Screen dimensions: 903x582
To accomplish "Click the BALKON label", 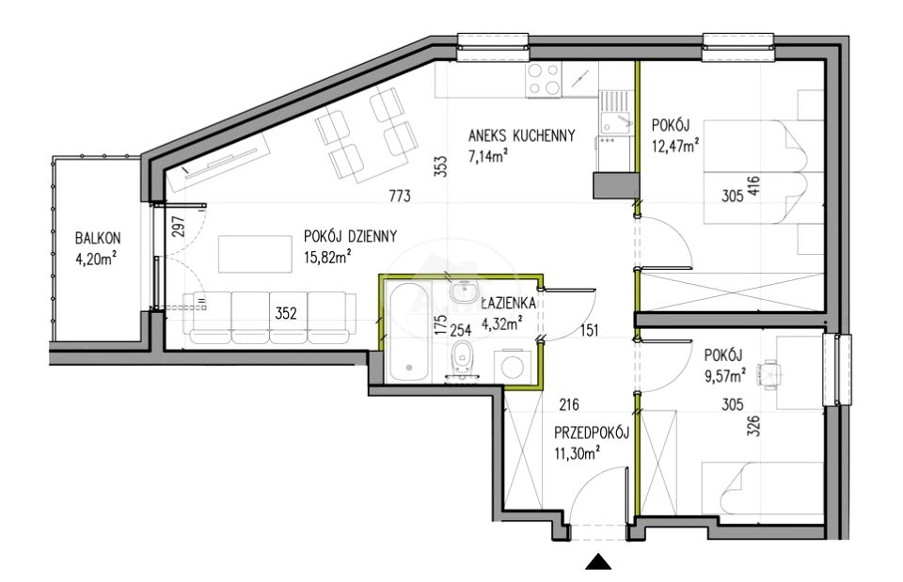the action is (x=98, y=238).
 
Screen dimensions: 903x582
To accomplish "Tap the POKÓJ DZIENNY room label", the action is (x=350, y=236).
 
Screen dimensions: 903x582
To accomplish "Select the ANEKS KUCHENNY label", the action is (x=522, y=135).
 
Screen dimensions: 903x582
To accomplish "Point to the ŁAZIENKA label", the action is (x=509, y=303).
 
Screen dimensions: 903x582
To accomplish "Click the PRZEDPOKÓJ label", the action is (x=592, y=433).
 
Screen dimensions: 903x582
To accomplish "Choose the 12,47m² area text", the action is (x=675, y=145).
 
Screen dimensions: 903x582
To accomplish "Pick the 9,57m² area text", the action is (x=725, y=375).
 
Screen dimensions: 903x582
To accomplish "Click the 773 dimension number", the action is (x=400, y=197).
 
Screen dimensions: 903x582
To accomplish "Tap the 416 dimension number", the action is (x=753, y=188).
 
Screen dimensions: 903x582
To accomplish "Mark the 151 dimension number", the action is (x=589, y=330).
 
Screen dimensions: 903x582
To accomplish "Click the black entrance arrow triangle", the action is (x=598, y=562).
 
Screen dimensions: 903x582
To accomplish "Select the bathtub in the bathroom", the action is (x=409, y=331).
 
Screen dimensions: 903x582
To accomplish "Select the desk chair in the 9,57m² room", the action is (x=770, y=375).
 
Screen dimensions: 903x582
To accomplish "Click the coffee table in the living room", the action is (x=255, y=254).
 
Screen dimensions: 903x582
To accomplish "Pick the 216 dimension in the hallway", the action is (x=569, y=405).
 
